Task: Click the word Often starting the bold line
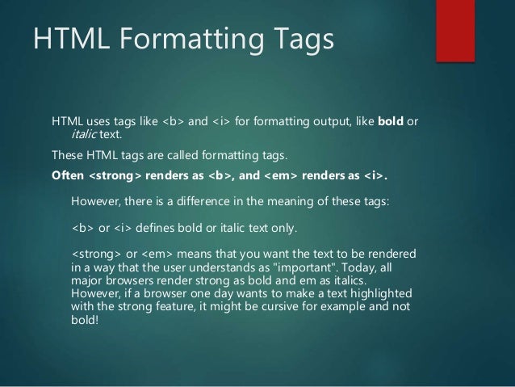coord(67,174)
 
